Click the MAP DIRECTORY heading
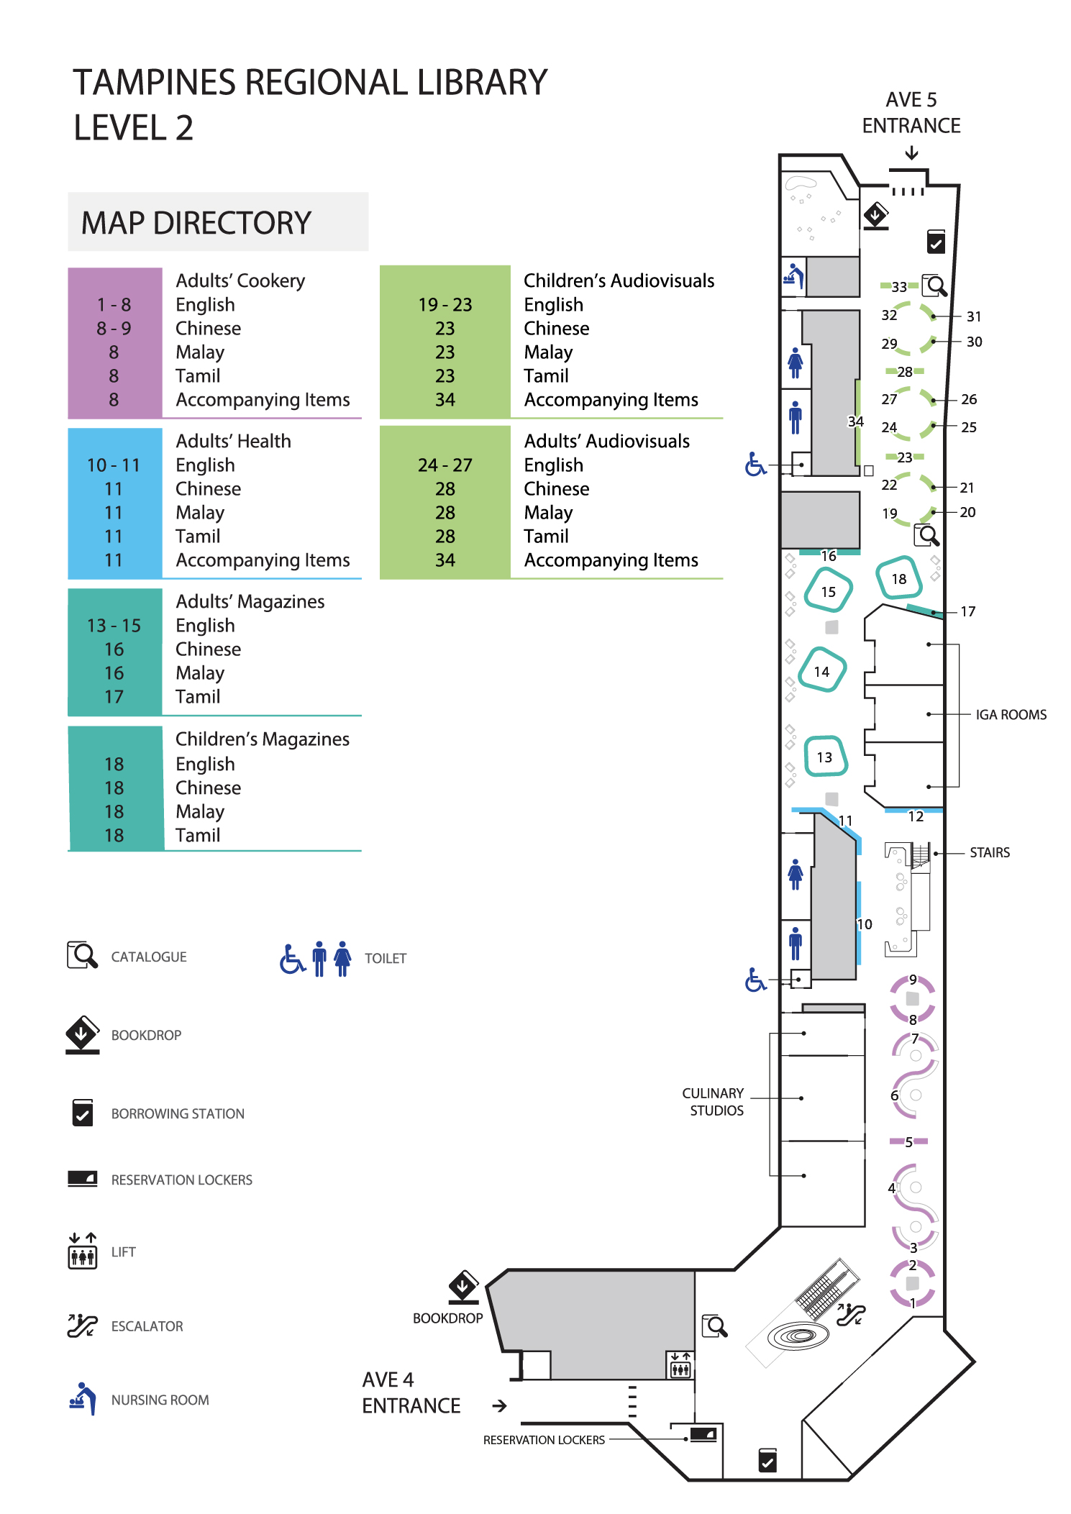[196, 223]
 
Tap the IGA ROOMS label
[1011, 715]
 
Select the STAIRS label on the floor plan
[989, 853]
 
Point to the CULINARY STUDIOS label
[714, 1102]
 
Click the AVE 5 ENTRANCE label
[911, 113]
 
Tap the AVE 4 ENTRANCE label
[411, 1392]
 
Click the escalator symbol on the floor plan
[851, 1315]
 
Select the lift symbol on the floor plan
[680, 1364]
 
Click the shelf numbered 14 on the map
[821, 671]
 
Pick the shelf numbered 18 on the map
[899, 579]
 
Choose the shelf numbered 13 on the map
[825, 757]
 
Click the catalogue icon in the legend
[82, 956]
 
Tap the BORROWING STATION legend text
[178, 1114]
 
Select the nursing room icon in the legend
[83, 1398]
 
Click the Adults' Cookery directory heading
[240, 281]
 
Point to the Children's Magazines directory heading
[263, 739]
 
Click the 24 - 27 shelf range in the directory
[445, 465]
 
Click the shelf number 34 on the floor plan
[855, 421]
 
